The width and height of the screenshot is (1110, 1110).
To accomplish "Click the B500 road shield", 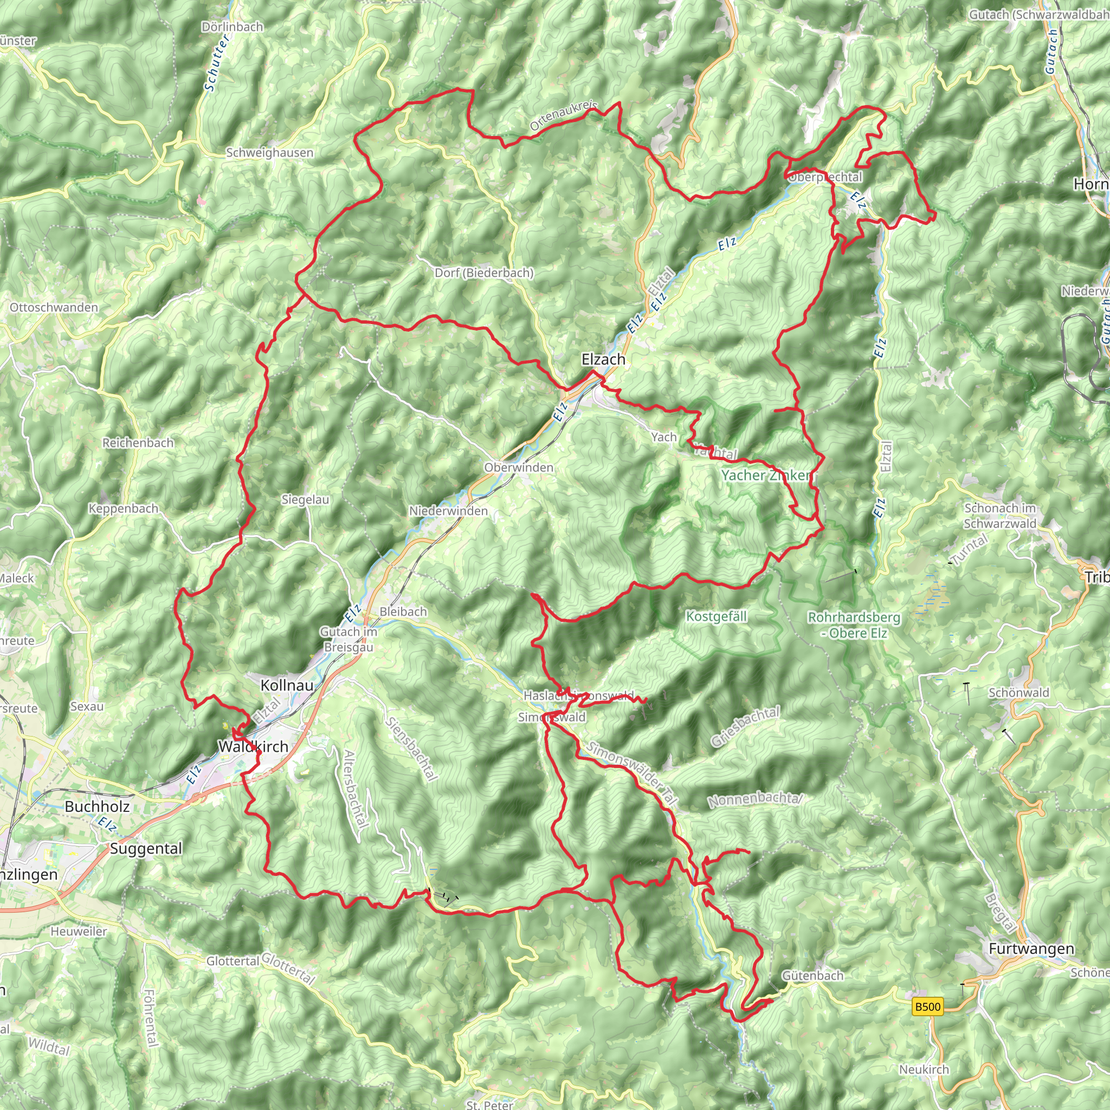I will click(x=927, y=1006).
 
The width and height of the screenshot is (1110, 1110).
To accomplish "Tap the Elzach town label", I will click(x=603, y=360).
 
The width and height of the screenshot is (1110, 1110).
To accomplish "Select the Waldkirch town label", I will click(x=253, y=746).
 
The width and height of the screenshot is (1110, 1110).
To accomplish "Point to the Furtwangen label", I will click(x=1031, y=948).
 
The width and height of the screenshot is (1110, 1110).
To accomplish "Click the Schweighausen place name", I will click(x=269, y=153).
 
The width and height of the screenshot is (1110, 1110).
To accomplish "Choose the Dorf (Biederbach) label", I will click(x=484, y=273).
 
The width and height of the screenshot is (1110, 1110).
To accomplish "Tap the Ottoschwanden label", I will click(x=54, y=307).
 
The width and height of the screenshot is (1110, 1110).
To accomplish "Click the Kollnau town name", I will click(x=287, y=686).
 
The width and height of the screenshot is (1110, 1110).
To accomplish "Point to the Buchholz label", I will click(x=97, y=806).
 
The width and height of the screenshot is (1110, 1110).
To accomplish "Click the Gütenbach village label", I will click(x=812, y=975).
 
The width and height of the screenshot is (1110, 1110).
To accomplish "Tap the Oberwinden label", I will click(x=519, y=468).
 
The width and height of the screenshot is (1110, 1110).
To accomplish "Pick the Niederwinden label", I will click(x=448, y=511).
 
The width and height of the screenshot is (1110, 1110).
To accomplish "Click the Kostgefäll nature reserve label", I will click(x=716, y=616).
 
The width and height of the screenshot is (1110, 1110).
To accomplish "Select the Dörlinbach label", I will click(x=233, y=27).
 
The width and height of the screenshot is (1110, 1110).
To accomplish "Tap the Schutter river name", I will click(x=217, y=63).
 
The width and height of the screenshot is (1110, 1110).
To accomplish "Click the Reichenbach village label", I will click(x=138, y=443).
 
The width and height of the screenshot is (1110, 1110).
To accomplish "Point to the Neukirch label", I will click(x=924, y=1069).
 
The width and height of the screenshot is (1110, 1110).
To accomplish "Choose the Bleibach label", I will click(x=403, y=612).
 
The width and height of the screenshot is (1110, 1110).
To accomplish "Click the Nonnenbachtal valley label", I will click(x=754, y=799).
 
